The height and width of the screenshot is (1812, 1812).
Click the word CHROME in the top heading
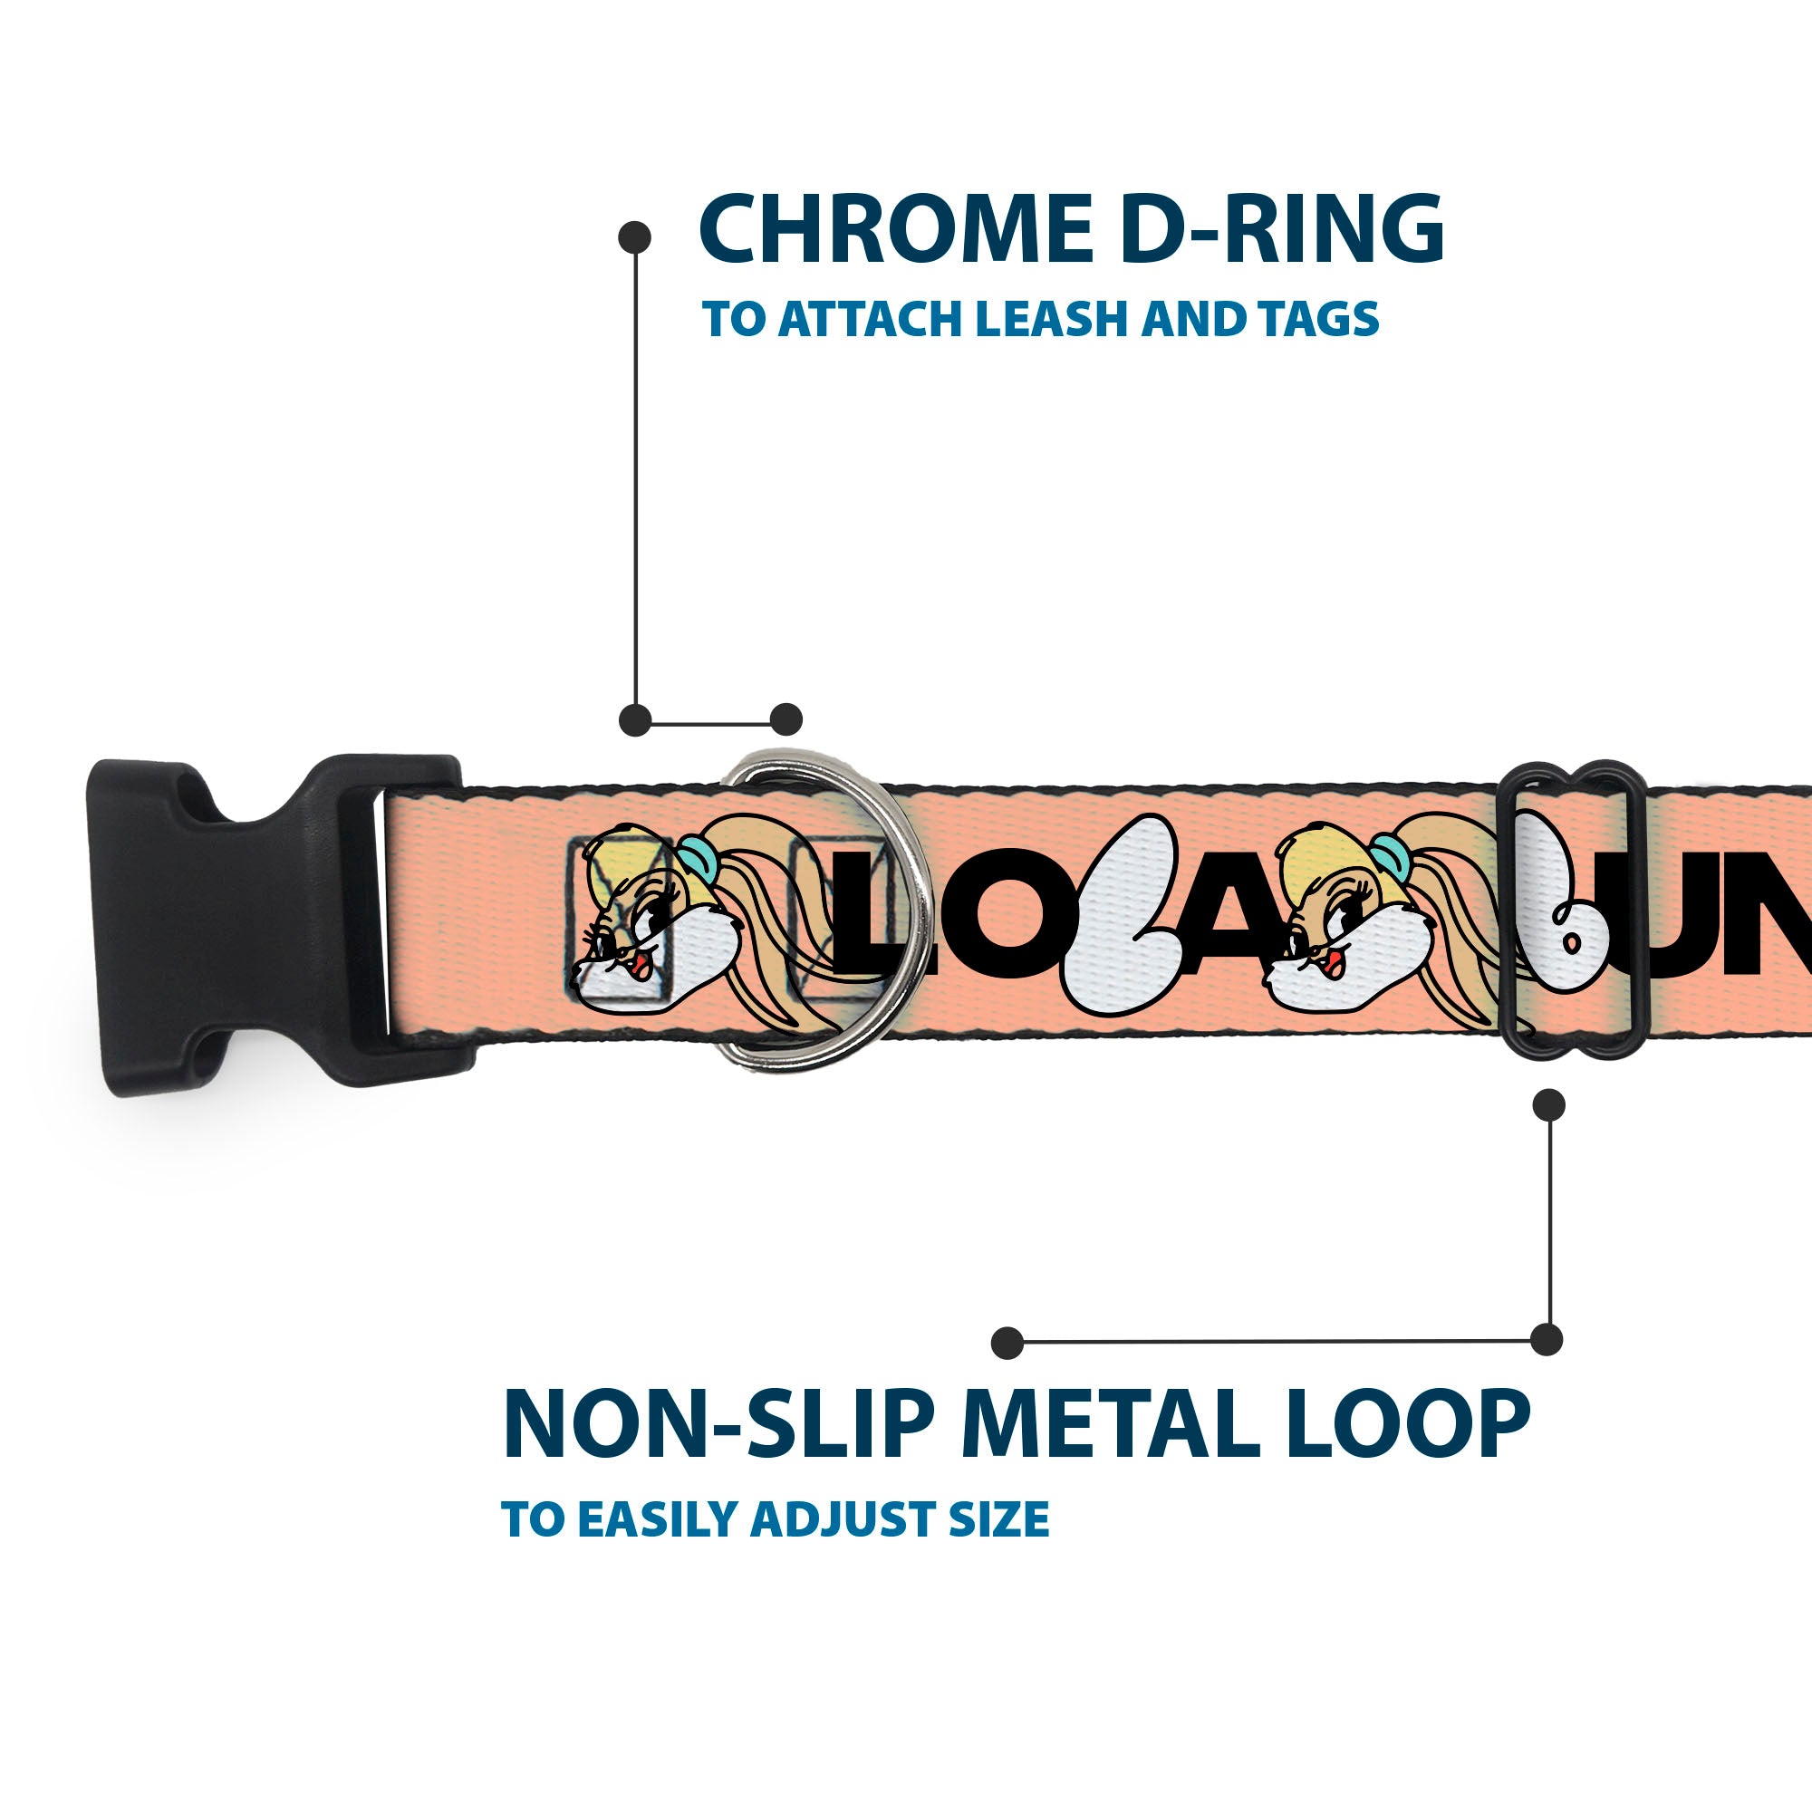click(x=896, y=229)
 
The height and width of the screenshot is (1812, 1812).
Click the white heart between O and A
click(x=1121, y=914)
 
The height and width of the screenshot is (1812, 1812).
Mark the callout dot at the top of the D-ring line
click(x=635, y=237)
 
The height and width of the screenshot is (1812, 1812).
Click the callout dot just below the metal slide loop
click(x=1548, y=1104)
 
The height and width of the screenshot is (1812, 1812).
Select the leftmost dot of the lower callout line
click(x=1007, y=1343)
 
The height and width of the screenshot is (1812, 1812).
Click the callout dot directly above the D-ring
click(x=786, y=719)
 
